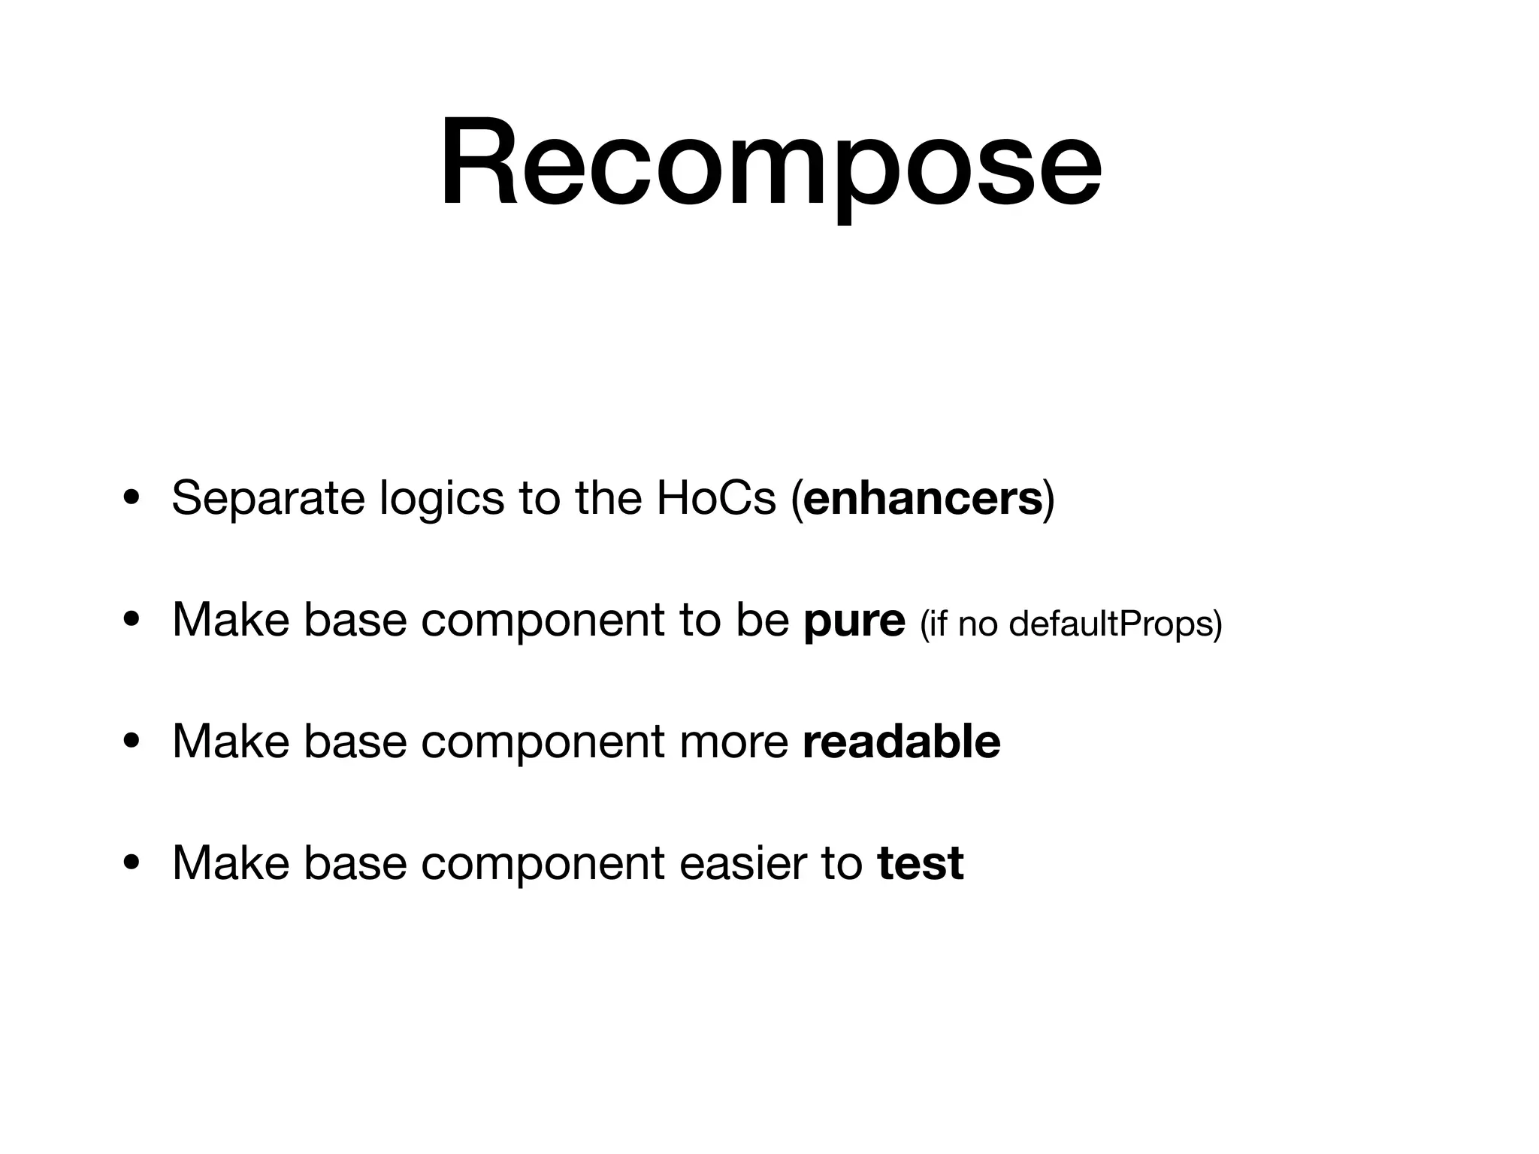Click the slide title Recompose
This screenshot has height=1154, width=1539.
[769, 163]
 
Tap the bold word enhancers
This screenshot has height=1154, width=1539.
[923, 498]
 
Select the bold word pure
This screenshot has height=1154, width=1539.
[854, 621]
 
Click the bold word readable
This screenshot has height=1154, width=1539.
[901, 742]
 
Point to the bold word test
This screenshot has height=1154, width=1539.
[920, 863]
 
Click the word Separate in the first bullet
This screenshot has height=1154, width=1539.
[268, 499]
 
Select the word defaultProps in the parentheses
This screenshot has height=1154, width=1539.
[1114, 624]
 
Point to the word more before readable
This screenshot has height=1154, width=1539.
[733, 742]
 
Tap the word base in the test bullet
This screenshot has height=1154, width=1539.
[355, 863]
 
